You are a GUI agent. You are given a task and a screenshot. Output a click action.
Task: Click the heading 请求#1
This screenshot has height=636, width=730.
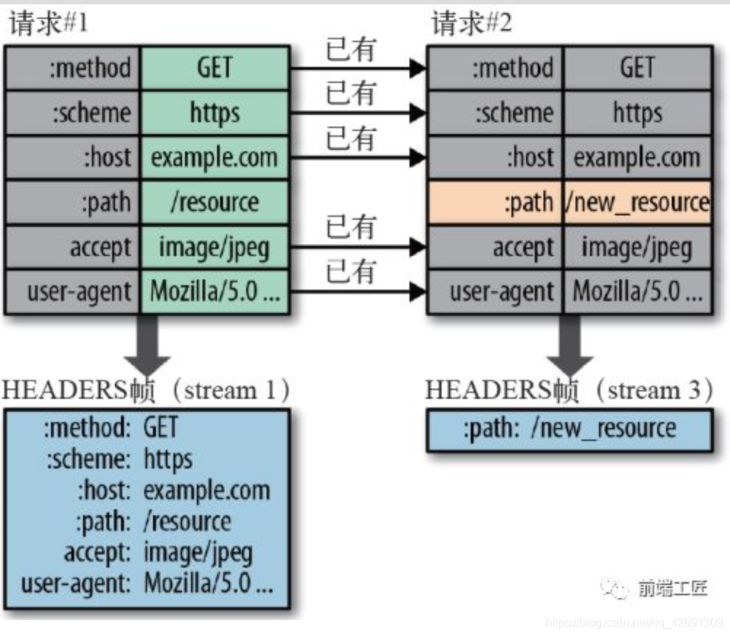pyautogui.click(x=48, y=23)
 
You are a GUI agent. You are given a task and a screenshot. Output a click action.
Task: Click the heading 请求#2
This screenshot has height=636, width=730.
pyautogui.click(x=471, y=23)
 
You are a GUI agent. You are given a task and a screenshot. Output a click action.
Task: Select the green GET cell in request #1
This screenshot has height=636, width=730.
pyautogui.click(x=215, y=68)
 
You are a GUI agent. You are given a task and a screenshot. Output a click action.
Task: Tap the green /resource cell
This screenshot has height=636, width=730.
pyautogui.click(x=215, y=202)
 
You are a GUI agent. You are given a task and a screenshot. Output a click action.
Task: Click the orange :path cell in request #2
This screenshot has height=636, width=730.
pyautogui.click(x=495, y=202)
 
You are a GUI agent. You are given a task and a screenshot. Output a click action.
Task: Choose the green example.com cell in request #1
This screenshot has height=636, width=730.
pyautogui.click(x=215, y=157)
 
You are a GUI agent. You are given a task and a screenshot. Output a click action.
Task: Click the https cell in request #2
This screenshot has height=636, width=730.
pyautogui.click(x=637, y=113)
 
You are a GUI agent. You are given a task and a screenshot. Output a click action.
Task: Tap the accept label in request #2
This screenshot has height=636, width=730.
pyautogui.click(x=522, y=247)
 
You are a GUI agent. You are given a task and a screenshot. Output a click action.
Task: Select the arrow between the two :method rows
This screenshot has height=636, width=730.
pyautogui.click(x=357, y=69)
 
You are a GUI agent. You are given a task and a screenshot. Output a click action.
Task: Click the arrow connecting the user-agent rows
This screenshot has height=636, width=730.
pyautogui.click(x=357, y=293)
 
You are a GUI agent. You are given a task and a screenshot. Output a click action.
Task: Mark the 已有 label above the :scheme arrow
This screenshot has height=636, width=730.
pyautogui.click(x=350, y=93)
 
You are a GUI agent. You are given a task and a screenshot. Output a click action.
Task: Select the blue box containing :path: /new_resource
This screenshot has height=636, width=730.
pyautogui.click(x=569, y=429)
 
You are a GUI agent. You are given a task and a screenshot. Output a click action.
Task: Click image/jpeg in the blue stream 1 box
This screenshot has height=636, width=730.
pyautogui.click(x=198, y=552)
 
